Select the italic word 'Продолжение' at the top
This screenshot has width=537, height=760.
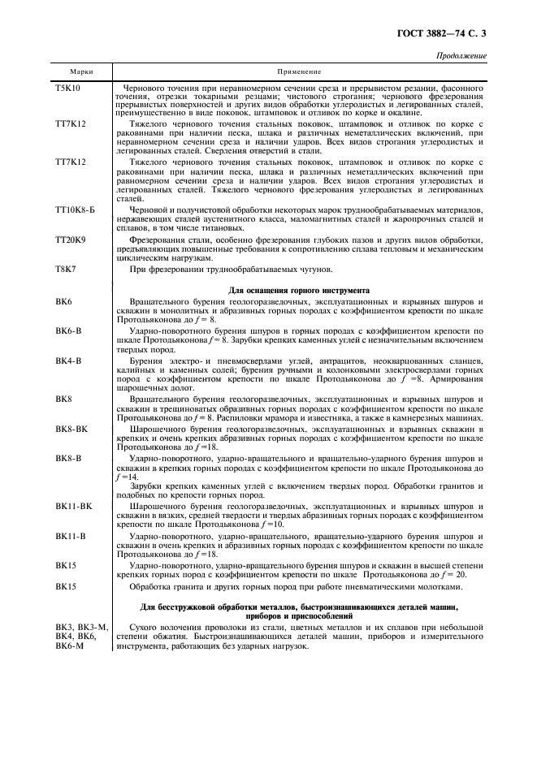462,56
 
